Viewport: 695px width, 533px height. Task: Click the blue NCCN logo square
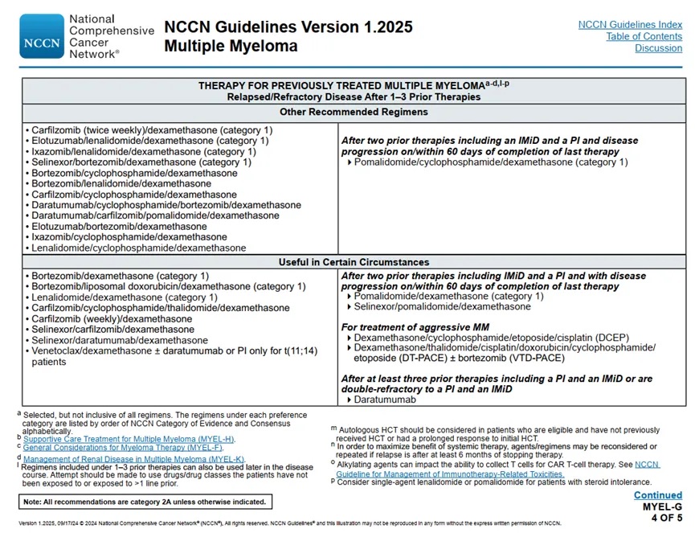click(41, 37)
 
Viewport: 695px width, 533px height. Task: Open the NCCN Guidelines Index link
click(630, 25)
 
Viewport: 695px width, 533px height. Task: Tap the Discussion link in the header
click(658, 48)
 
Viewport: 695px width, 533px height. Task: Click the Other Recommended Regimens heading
click(354, 112)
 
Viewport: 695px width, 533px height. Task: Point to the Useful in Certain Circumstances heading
click(354, 262)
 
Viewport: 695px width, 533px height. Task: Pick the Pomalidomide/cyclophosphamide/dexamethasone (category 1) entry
click(491, 162)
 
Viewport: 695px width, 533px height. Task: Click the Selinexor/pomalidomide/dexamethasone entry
click(442, 306)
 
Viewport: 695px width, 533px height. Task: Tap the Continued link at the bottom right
click(657, 495)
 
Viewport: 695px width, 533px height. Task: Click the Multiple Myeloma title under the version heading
click(231, 47)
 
